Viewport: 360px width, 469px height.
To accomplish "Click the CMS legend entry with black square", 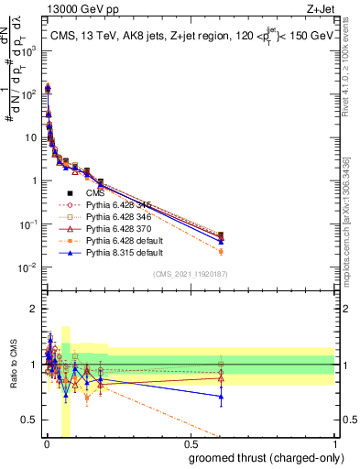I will (96, 193).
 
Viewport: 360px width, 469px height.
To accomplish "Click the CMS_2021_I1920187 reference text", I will (190, 273).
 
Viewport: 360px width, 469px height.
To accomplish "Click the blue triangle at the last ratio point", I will (221, 397).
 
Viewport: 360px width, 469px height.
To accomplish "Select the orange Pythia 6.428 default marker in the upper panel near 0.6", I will (221, 252).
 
